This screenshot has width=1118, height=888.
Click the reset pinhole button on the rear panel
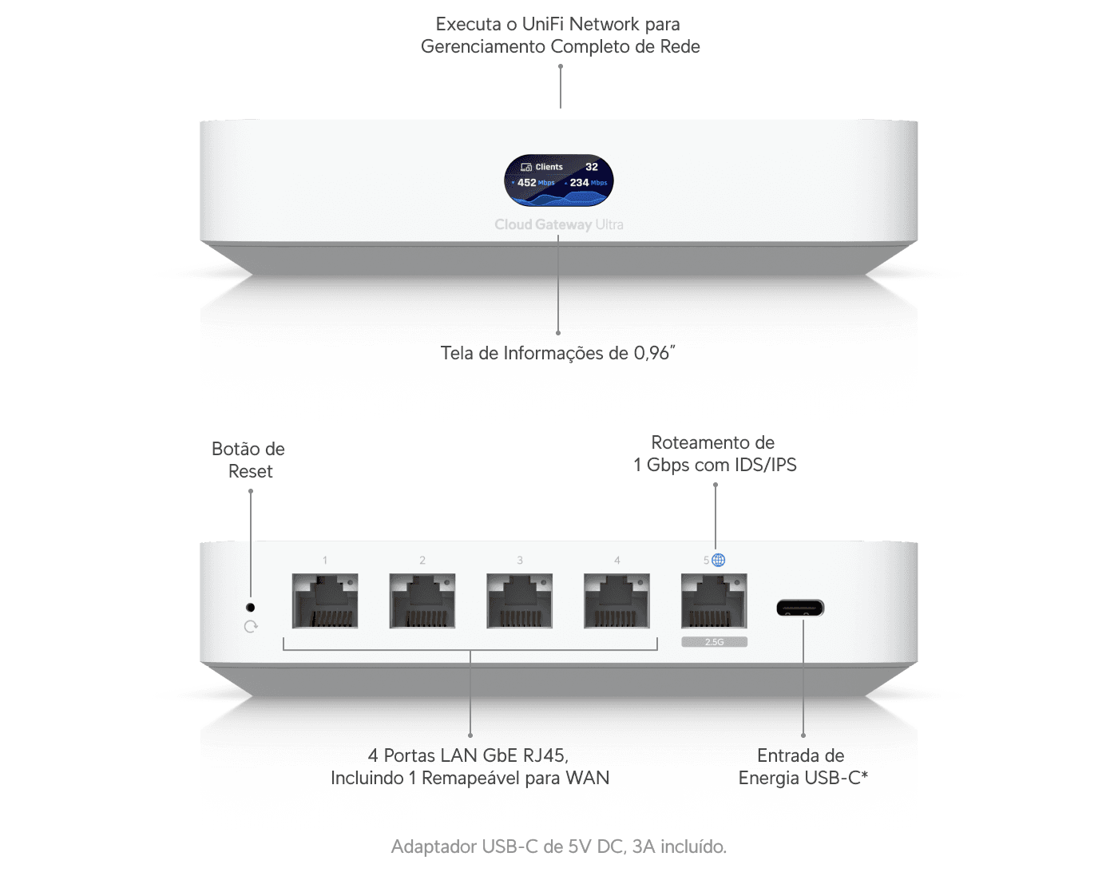click(x=251, y=607)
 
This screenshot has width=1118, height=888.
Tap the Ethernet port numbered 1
click(x=325, y=601)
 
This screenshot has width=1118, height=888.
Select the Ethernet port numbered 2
click(x=422, y=601)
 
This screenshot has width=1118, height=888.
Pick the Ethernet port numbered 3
click(x=520, y=601)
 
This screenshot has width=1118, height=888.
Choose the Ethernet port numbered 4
click(x=616, y=601)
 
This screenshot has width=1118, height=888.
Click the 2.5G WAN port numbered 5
click(x=715, y=601)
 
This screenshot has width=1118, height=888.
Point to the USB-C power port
click(x=800, y=608)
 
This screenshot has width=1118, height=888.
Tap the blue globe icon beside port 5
click(x=719, y=560)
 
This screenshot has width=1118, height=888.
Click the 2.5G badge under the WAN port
click(x=715, y=642)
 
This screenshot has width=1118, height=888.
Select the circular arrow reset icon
click(x=251, y=627)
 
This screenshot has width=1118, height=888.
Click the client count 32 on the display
click(x=592, y=167)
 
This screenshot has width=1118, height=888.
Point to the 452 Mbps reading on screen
click(x=535, y=182)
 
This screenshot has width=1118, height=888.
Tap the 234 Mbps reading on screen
click(x=588, y=182)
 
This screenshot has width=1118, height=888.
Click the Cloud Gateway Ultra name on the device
click(x=559, y=224)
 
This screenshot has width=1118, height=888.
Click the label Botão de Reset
click(x=249, y=460)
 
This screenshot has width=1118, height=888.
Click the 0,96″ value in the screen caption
click(x=654, y=353)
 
